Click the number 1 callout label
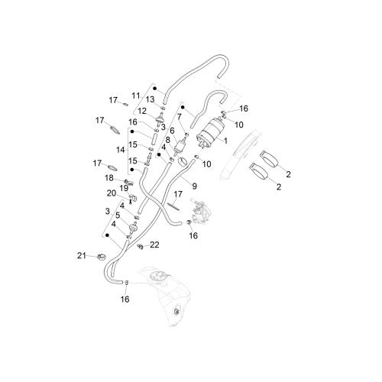tap(225, 141)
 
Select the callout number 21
tap(82, 255)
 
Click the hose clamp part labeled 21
tap(102, 257)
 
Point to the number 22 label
tap(154, 244)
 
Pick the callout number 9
tap(194, 186)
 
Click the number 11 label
tap(136, 95)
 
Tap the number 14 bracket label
tap(121, 150)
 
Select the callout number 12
tap(142, 111)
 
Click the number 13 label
tap(150, 99)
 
